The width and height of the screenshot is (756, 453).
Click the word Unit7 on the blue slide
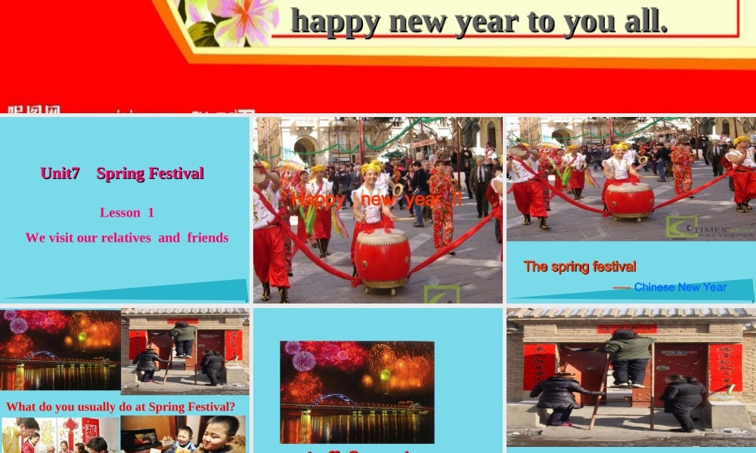tap(60, 174)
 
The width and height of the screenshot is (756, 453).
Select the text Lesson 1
tap(127, 213)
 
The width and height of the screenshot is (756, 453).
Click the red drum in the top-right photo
tap(629, 200)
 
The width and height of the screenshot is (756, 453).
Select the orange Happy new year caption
tap(376, 200)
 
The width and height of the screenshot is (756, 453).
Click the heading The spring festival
tap(580, 267)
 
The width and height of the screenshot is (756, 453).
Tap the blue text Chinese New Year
tap(680, 287)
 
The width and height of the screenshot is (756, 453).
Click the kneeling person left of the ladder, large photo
tap(558, 396)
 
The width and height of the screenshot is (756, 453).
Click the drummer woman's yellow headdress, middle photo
tap(371, 168)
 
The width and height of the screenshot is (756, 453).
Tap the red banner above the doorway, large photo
tap(627, 328)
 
